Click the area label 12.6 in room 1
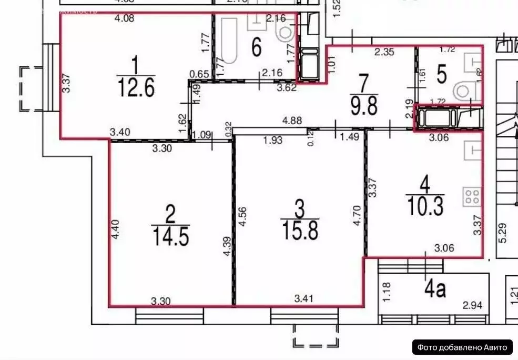pos(136,88)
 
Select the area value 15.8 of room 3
pos(300,231)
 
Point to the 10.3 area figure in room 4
pos(425,205)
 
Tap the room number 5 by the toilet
pos(441,74)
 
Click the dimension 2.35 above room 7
pos(384,52)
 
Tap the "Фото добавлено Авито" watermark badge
pos(462,347)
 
